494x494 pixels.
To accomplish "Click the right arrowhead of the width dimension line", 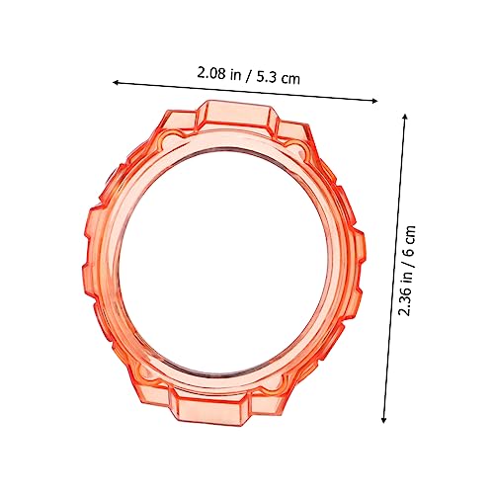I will [x=374, y=99].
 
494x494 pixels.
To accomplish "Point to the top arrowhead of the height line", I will [x=406, y=116].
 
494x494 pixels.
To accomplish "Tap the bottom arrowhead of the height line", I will [x=382, y=419].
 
